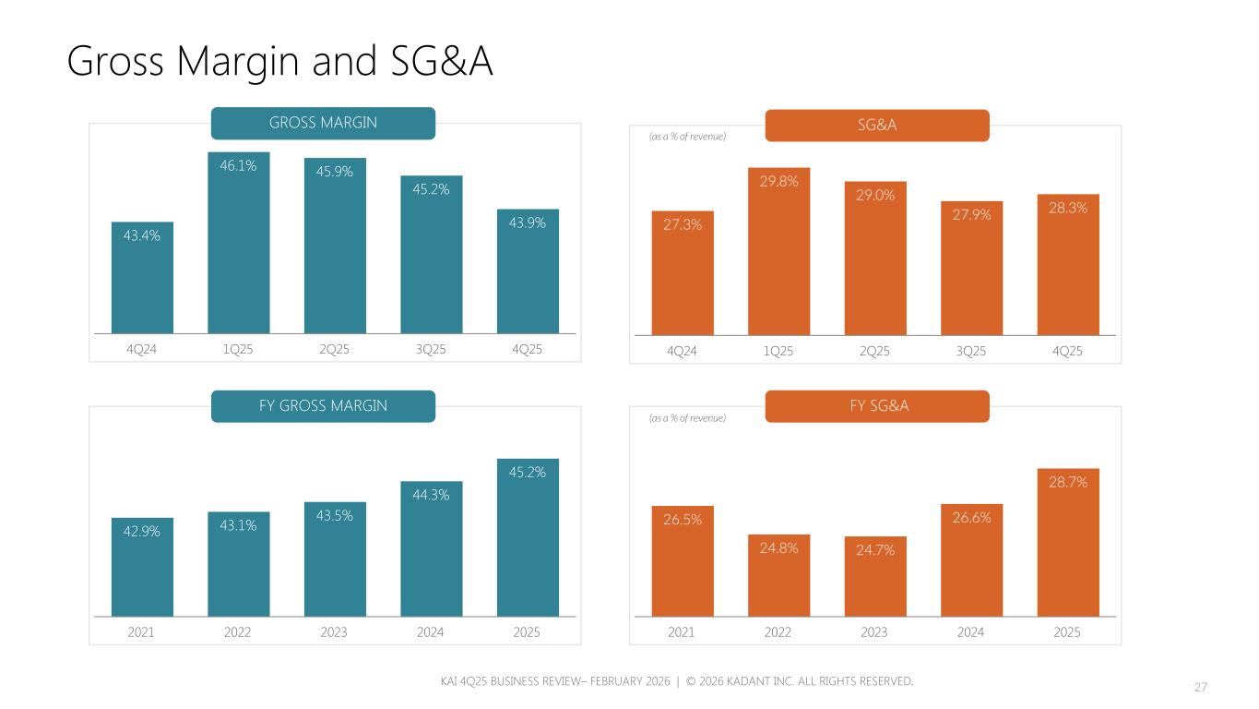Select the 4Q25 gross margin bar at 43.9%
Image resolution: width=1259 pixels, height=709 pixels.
(528, 277)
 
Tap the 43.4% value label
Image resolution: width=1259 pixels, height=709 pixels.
(142, 235)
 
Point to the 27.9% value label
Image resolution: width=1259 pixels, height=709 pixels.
(971, 215)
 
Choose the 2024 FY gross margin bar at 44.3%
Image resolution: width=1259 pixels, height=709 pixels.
(431, 554)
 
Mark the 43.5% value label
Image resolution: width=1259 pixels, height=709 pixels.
(335, 516)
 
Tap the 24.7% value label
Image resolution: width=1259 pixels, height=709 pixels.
(875, 550)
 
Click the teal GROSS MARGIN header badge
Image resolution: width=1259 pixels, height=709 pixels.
(323, 123)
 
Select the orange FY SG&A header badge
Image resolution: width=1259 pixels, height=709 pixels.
(877, 406)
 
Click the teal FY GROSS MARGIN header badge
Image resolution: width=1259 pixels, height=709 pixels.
(323, 406)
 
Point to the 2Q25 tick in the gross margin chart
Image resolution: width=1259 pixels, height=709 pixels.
(335, 350)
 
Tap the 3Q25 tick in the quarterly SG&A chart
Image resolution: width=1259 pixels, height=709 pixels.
(971, 352)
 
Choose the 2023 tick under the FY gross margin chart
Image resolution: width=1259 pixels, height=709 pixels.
(335, 632)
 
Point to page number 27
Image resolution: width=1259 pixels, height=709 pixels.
(1201, 688)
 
